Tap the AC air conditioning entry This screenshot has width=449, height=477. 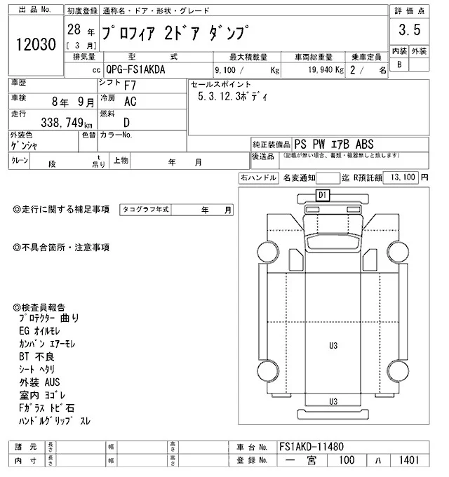[130, 102]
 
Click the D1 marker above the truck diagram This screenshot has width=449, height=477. [323, 194]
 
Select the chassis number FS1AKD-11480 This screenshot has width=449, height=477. [311, 446]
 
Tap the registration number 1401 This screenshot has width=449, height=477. [406, 460]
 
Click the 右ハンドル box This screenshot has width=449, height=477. [258, 178]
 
